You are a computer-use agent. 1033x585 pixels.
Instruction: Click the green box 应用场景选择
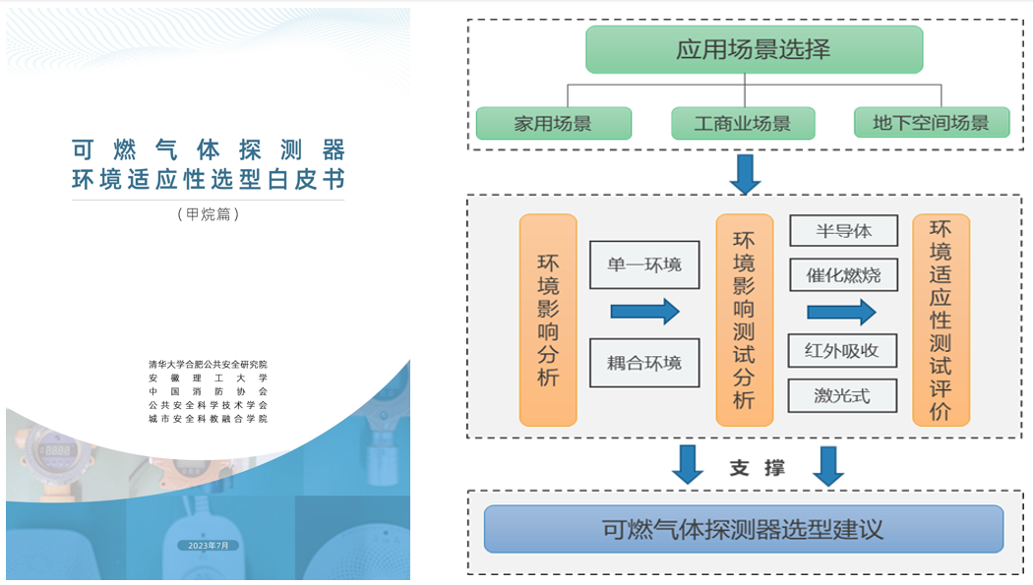754,49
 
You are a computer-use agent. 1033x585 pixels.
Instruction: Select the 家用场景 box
553,123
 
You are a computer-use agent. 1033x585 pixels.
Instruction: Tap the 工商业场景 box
743,123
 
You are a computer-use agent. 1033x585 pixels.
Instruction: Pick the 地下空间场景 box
931,122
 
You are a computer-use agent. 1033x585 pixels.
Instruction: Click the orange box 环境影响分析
548,320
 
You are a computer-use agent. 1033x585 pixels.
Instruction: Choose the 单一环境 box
644,264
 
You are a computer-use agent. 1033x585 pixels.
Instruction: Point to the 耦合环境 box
644,363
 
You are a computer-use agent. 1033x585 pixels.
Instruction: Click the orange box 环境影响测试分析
745,320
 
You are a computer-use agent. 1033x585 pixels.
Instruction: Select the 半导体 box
843,230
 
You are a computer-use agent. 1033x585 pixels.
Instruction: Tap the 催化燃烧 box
843,275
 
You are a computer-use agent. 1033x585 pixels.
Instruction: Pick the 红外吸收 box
842,351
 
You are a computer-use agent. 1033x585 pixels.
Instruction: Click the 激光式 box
842,395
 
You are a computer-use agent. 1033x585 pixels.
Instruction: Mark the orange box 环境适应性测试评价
941,320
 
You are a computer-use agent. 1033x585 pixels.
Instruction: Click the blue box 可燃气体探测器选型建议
744,529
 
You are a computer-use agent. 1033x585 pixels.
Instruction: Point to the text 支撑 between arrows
757,468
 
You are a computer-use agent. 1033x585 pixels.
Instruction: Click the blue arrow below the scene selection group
745,174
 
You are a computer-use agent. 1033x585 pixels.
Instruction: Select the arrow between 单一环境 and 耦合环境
644,312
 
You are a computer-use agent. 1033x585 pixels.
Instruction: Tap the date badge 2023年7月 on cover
209,546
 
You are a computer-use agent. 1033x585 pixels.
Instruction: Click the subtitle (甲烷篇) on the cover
209,214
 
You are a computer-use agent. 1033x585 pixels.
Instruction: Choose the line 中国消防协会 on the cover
209,391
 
